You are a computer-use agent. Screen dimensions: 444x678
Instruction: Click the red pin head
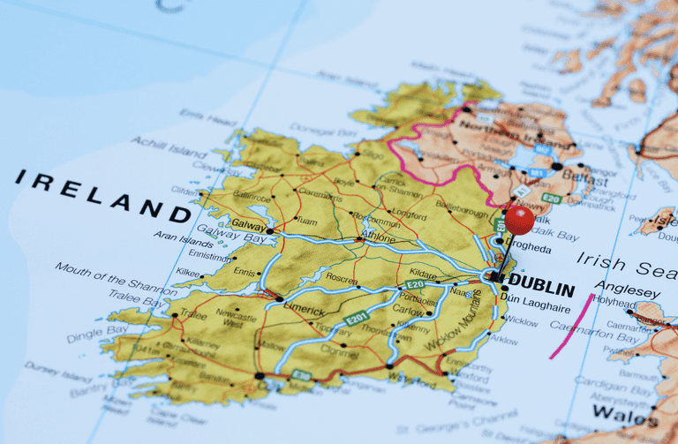pos(519,220)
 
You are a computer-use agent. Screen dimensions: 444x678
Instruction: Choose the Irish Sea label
pos(627,264)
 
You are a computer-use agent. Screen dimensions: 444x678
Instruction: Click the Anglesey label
pos(627,290)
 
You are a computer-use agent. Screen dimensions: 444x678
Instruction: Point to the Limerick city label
pos(305,311)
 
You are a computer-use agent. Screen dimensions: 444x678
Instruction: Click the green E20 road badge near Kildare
pos(415,285)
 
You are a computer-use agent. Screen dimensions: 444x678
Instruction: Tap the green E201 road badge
pos(356,318)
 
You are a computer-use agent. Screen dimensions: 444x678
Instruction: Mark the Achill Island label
pos(169,147)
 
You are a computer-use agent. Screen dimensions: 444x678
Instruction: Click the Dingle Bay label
pos(98,333)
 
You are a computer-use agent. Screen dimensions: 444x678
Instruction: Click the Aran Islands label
pos(184,240)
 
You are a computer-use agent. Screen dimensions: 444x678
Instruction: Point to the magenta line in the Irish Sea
pos(571,327)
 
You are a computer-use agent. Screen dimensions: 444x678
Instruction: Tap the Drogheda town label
pos(528,250)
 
